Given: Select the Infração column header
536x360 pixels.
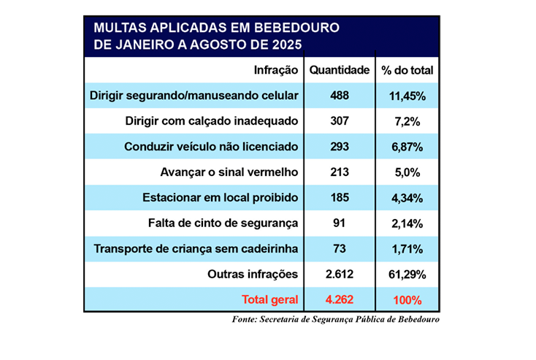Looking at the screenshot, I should pyautogui.click(x=276, y=71).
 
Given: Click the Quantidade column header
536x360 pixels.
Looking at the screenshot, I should pyautogui.click(x=340, y=71).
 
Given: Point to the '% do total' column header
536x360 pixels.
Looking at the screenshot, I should pyautogui.click(x=407, y=71).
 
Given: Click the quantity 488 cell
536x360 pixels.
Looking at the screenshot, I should pyautogui.click(x=340, y=96).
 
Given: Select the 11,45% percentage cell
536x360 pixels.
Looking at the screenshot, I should pyautogui.click(x=407, y=96).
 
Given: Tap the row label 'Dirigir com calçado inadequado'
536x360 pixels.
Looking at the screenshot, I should pyautogui.click(x=213, y=121).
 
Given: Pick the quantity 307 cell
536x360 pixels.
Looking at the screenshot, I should pyautogui.click(x=340, y=121).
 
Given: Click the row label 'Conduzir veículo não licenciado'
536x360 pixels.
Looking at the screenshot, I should pyautogui.click(x=212, y=147).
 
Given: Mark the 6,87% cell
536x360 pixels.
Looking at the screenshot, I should pyautogui.click(x=407, y=147).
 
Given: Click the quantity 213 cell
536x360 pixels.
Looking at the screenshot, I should pyautogui.click(x=340, y=172).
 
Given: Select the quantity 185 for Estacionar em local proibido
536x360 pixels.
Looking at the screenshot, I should pyautogui.click(x=340, y=198).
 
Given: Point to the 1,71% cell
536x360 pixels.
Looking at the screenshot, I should pyautogui.click(x=407, y=249).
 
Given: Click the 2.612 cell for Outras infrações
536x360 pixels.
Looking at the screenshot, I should pyautogui.click(x=340, y=275).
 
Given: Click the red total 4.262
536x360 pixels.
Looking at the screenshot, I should pyautogui.click(x=340, y=300).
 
